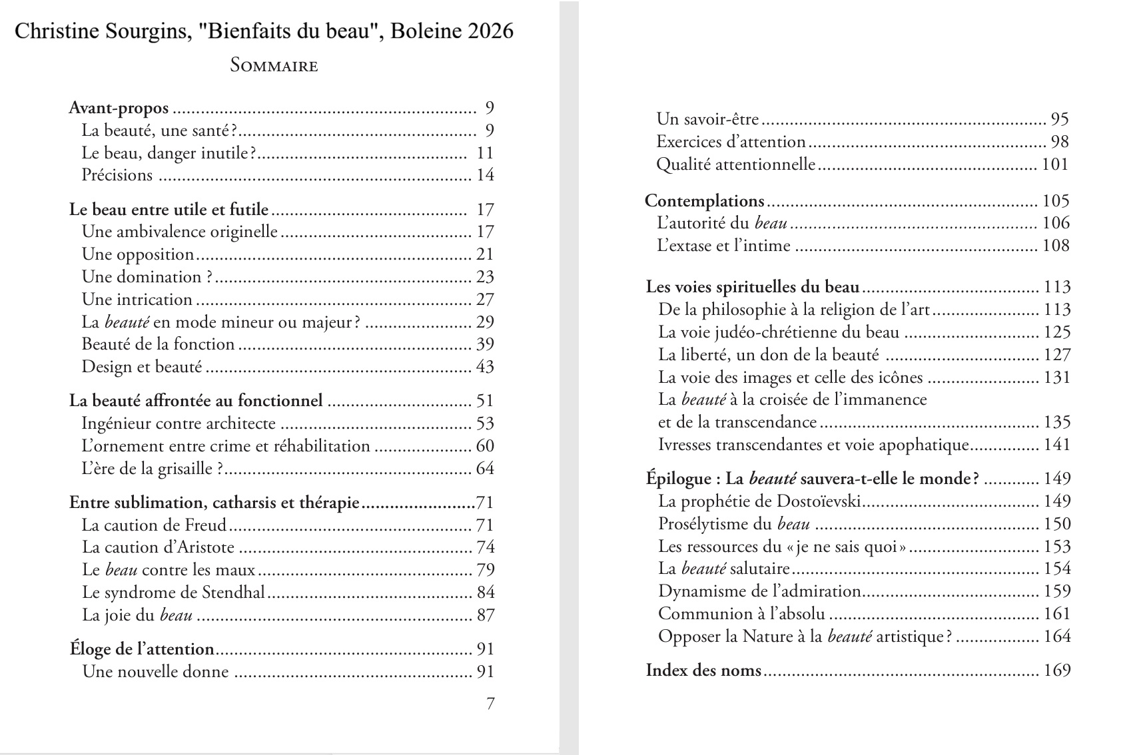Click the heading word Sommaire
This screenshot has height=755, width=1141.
[x=274, y=65]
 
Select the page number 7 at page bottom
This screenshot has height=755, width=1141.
[x=490, y=703]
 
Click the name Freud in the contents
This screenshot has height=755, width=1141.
[x=205, y=525]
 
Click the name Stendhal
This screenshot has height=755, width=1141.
[x=233, y=592]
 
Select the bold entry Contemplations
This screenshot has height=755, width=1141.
[x=705, y=200]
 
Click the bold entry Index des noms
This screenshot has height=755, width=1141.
[x=703, y=670]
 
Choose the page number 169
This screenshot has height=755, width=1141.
[x=1056, y=670]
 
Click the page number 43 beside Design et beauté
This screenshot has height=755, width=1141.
[x=485, y=366]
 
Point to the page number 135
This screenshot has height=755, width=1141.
[x=1056, y=422]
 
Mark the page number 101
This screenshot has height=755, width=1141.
[x=1055, y=164]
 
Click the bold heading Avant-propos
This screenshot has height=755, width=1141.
[x=119, y=108]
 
